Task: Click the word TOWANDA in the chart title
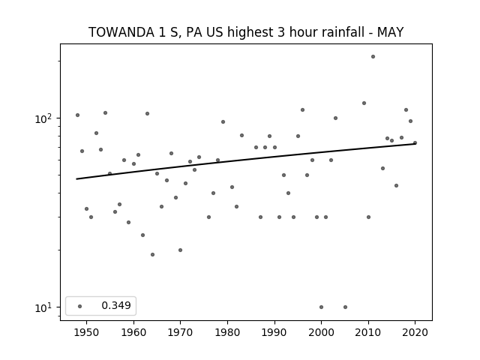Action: click(x=121, y=32)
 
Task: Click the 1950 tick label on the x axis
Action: click(x=87, y=332)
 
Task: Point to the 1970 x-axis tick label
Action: click(x=180, y=332)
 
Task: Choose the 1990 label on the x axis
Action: click(x=274, y=332)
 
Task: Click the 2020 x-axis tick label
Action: click(x=415, y=332)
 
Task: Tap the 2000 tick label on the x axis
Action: click(x=321, y=332)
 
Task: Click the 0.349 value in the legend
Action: click(x=116, y=305)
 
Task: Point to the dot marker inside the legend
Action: click(x=80, y=306)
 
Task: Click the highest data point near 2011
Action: click(x=373, y=57)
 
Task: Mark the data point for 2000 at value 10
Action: click(x=321, y=307)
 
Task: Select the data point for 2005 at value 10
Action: click(x=345, y=307)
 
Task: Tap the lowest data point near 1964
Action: click(x=152, y=255)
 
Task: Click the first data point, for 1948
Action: click(x=77, y=115)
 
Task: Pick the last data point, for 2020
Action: click(x=415, y=142)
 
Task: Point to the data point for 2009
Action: click(x=364, y=103)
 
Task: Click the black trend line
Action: click(x=246, y=161)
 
